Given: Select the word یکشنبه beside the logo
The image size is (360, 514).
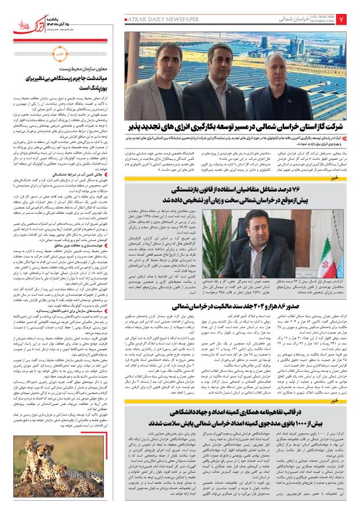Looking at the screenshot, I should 57,12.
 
